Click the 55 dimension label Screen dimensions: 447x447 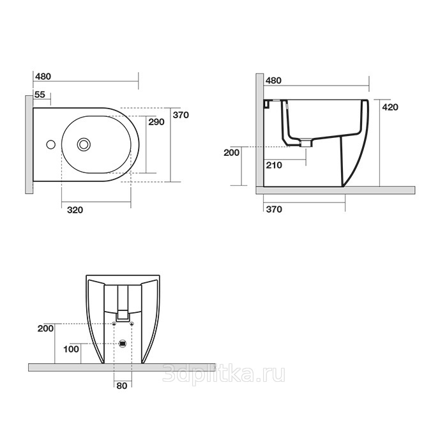pos(40,95)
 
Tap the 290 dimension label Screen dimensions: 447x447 pos(156,122)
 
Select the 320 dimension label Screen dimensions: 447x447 pos(75,210)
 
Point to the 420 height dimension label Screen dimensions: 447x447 pos(390,107)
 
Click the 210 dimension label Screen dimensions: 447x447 pos(274,165)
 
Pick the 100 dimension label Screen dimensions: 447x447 pos(71,349)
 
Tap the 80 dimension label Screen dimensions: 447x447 pos(122,386)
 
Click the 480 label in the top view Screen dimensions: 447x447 pos(43,77)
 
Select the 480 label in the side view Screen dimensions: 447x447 pos(273,80)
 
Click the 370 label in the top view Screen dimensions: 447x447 pos(181,115)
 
